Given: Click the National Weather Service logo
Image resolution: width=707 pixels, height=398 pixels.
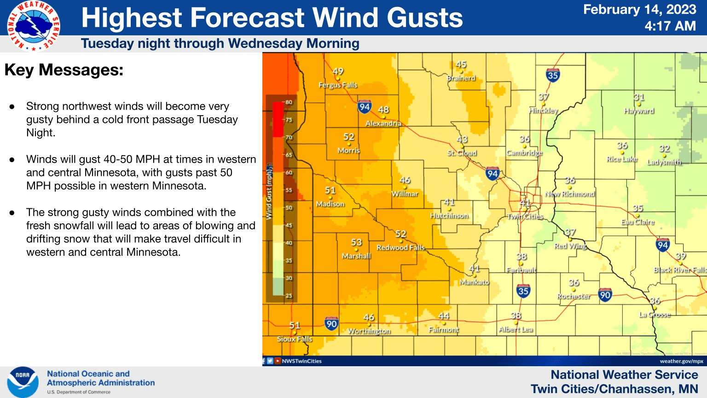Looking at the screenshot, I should click(x=33, y=26).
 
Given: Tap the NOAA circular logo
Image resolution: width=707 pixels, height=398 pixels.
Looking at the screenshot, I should click(x=23, y=382).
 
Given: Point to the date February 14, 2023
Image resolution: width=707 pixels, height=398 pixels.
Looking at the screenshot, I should click(x=639, y=10).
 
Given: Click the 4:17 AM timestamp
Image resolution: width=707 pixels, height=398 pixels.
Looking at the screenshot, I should click(x=670, y=26).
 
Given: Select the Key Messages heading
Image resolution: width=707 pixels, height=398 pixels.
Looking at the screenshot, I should click(x=64, y=70).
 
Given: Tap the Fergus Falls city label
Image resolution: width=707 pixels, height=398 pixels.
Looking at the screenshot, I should click(x=338, y=85).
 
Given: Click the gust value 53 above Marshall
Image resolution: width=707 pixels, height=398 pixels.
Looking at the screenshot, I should click(x=356, y=242).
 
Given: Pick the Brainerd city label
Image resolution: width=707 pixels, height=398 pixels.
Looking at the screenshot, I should click(x=461, y=78).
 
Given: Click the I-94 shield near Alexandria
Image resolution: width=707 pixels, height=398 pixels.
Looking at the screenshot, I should click(x=365, y=107).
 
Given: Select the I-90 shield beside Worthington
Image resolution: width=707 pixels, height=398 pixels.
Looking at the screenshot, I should click(x=331, y=323).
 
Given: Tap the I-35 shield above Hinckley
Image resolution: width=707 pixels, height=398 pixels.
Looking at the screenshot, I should click(x=553, y=75).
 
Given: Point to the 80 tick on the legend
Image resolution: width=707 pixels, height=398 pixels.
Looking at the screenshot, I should click(x=289, y=102).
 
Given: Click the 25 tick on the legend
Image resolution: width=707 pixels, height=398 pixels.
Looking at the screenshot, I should click(x=289, y=296).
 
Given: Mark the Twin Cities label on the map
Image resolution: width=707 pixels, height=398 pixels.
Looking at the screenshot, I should click(x=525, y=217).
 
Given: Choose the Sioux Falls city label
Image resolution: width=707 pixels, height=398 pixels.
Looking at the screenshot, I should click(x=295, y=339).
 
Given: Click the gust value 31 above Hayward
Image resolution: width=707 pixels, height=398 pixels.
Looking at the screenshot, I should click(x=639, y=97).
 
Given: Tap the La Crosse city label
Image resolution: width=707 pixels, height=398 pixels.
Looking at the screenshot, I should click(x=655, y=315).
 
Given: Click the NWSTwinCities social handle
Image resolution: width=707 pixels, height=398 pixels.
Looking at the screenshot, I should click(x=301, y=361).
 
